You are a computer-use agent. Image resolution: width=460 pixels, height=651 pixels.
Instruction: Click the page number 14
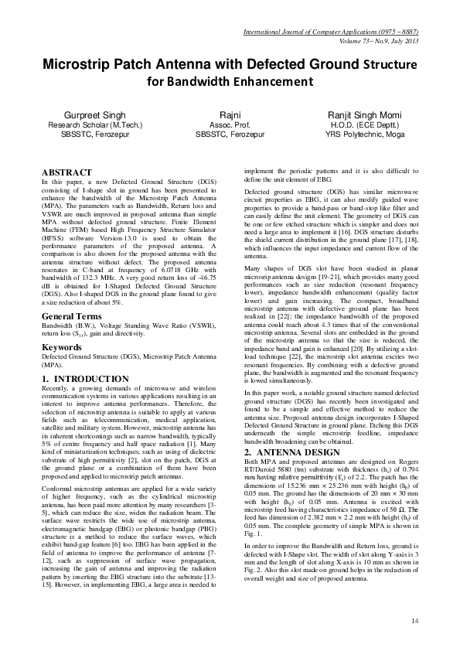click(414, 620)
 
